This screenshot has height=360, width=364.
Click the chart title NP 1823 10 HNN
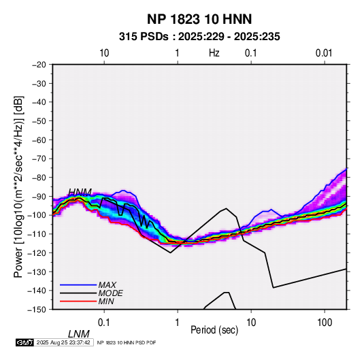pyautogui.click(x=199, y=19)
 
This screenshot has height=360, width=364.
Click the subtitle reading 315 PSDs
pyautogui.click(x=144, y=37)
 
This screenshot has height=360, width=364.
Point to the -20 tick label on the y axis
pyautogui.click(x=39, y=65)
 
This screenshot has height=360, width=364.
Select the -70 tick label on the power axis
pyautogui.click(x=39, y=159)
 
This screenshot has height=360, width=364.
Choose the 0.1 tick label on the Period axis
pyautogui.click(x=104, y=323)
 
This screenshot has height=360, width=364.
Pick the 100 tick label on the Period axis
pyautogui.click(x=325, y=323)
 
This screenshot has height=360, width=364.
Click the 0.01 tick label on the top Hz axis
pyautogui.click(x=324, y=53)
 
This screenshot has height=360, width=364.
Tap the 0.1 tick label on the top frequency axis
pyautogui.click(x=251, y=53)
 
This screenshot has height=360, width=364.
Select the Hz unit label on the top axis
pyautogui.click(x=214, y=53)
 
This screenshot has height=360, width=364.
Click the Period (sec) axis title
pyautogui.click(x=214, y=330)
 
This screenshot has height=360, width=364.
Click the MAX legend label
pyautogui.click(x=107, y=285)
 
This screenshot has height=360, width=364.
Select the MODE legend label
pyautogui.click(x=110, y=293)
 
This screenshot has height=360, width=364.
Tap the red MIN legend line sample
pyautogui.click(x=78, y=301)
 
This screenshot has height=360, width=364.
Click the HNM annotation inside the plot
pyautogui.click(x=80, y=192)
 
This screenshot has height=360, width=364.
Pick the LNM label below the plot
pyautogui.click(x=79, y=334)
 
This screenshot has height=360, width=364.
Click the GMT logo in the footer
pyautogui.click(x=25, y=342)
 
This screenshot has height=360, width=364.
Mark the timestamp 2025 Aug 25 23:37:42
pyautogui.click(x=63, y=342)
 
